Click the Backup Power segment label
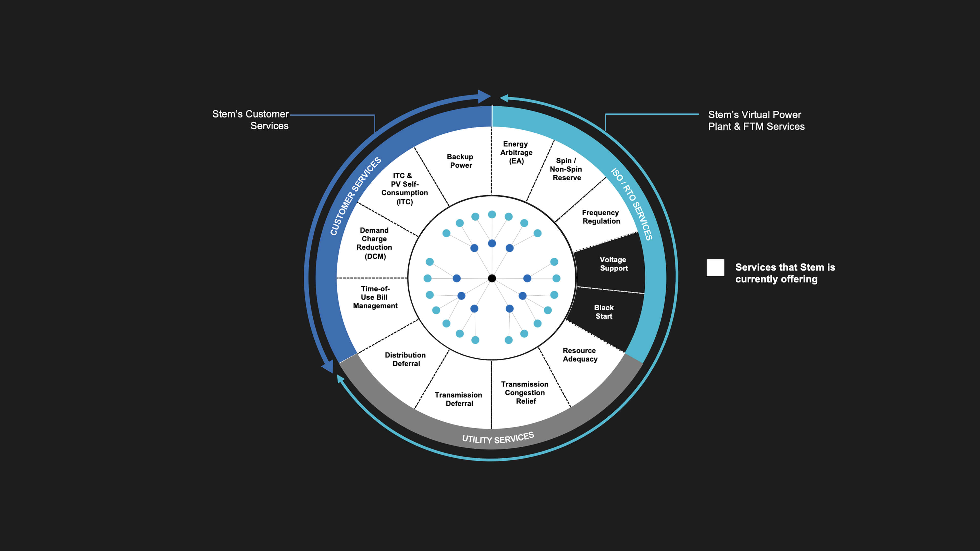(460, 161)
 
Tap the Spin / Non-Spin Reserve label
(566, 169)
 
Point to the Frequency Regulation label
(601, 217)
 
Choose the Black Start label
(604, 312)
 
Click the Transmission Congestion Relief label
(525, 392)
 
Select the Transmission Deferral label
(459, 399)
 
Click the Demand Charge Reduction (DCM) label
(374, 243)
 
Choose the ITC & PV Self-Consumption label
(405, 189)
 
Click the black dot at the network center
(492, 278)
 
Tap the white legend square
(715, 268)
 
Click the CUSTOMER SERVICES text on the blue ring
(355, 196)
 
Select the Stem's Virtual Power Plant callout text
(756, 121)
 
